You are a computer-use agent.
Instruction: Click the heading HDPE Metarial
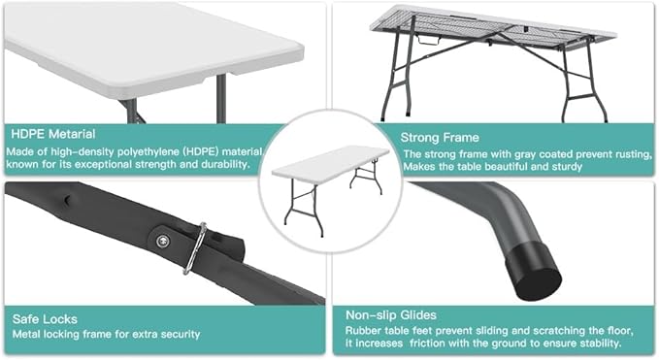53,134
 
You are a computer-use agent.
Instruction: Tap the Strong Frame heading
440,138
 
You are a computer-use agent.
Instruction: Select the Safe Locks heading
45,319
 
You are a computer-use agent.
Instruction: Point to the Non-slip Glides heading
391,315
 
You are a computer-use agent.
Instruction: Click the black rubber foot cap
534,272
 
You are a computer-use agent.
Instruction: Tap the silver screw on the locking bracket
163,241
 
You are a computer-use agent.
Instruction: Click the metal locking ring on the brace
194,248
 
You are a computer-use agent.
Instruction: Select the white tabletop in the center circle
330,161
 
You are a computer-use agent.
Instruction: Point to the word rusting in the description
634,154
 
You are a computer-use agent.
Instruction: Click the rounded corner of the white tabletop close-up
295,49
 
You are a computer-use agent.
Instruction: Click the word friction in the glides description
428,344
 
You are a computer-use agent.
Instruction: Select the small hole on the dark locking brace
66,199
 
